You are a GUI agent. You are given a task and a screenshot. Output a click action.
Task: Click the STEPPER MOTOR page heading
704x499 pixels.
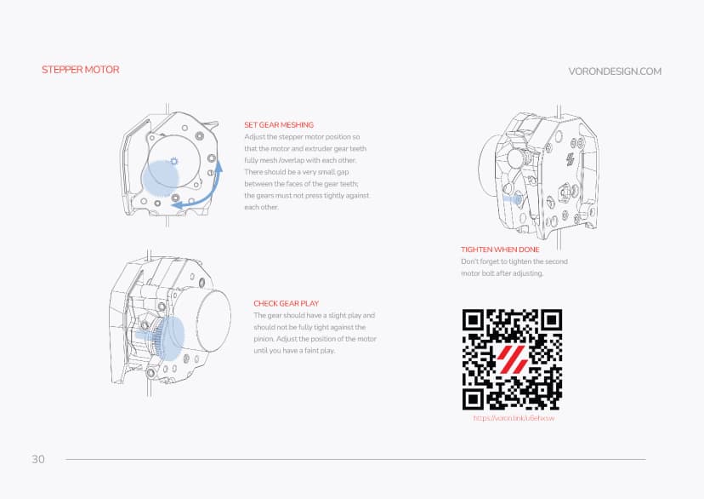[x=81, y=70]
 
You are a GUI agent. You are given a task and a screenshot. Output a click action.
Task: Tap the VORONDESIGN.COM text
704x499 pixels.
[x=614, y=72]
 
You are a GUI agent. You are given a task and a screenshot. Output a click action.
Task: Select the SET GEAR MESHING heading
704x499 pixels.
[x=278, y=125]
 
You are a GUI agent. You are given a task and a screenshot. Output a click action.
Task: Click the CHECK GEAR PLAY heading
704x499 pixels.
[x=286, y=303]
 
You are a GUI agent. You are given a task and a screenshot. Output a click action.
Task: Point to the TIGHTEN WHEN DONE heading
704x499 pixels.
[x=500, y=249]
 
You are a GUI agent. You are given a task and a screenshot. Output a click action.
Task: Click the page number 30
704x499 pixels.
[x=38, y=460]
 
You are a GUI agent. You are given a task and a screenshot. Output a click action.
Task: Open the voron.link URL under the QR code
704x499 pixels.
[x=513, y=418]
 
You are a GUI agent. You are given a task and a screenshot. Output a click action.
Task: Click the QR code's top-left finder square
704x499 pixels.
[x=474, y=320]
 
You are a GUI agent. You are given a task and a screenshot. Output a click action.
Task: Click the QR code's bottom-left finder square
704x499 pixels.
[x=474, y=398]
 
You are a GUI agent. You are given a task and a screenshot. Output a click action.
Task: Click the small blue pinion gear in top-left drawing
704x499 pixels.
[x=174, y=161]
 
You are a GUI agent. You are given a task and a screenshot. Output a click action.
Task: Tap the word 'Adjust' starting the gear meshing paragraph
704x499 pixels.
[x=254, y=137]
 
